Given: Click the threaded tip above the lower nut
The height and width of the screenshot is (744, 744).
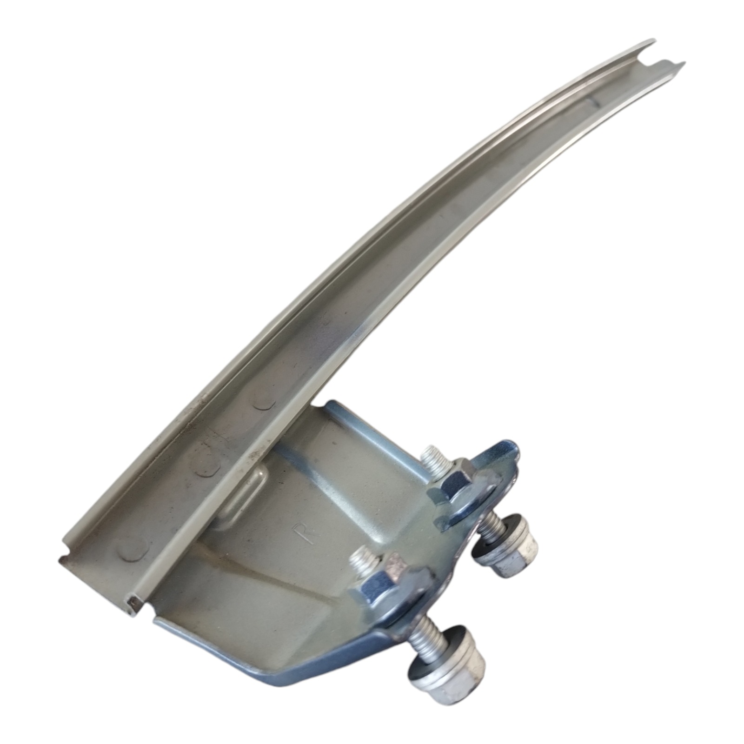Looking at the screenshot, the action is pos(364,563).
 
